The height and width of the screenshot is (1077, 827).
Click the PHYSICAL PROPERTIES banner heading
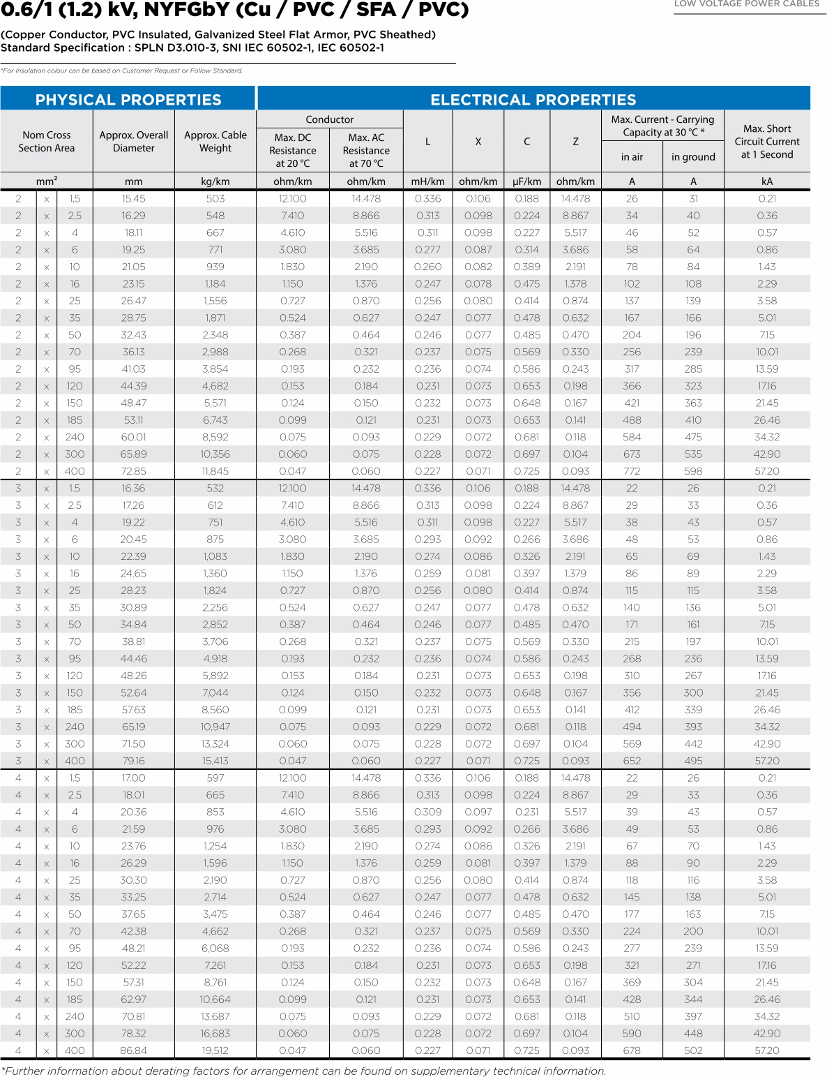click(x=128, y=100)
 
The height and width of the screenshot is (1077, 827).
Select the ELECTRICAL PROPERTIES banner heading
click(x=533, y=100)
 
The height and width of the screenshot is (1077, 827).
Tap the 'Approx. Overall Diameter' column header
click(x=133, y=142)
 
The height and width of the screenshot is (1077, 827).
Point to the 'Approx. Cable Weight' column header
click(x=215, y=142)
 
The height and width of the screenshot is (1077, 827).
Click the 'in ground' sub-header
click(x=693, y=157)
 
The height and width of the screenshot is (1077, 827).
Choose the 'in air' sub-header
click(x=632, y=157)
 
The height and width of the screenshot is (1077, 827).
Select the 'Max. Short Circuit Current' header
click(x=767, y=142)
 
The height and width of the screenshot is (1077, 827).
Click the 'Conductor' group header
click(x=330, y=119)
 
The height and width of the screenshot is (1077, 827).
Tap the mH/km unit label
click(x=427, y=181)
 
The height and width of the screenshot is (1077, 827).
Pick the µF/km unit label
click(x=526, y=181)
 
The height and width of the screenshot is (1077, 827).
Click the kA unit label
click(x=767, y=181)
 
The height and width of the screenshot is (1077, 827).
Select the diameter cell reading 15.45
click(x=133, y=199)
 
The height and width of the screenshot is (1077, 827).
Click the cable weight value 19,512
click(x=215, y=1050)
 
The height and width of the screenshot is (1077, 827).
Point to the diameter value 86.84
click(x=133, y=1050)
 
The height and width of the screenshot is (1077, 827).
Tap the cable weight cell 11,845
click(x=215, y=471)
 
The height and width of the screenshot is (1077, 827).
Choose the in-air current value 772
click(x=632, y=471)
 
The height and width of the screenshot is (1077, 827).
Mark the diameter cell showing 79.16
click(x=133, y=761)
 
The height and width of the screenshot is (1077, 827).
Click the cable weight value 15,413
click(x=215, y=761)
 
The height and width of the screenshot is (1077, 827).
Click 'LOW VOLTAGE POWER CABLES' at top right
click(x=746, y=4)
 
